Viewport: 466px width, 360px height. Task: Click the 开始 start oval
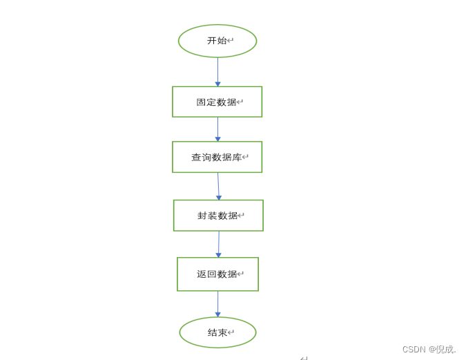click(x=217, y=41)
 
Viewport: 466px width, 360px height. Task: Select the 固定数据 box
click(x=217, y=102)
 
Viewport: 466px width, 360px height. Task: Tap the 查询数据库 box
click(x=217, y=157)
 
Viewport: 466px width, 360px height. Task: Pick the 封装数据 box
click(x=218, y=216)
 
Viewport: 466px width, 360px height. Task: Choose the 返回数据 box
click(x=217, y=274)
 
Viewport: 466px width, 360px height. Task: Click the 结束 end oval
click(x=217, y=332)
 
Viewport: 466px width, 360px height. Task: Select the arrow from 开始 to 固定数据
click(x=217, y=70)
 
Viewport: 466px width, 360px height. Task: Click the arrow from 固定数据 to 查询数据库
click(x=217, y=128)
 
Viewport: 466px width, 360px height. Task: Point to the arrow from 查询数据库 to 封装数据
click(x=218, y=184)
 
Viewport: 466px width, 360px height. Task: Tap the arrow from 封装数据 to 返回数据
click(x=219, y=243)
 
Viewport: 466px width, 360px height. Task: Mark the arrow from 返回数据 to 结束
click(x=217, y=303)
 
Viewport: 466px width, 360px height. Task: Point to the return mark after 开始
click(x=231, y=41)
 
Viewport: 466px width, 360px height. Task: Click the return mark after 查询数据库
click(x=246, y=158)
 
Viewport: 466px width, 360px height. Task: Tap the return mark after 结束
click(x=231, y=332)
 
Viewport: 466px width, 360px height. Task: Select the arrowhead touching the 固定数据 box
click(x=217, y=84)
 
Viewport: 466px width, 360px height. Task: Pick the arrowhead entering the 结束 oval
click(x=217, y=314)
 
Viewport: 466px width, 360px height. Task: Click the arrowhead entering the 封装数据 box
click(x=219, y=198)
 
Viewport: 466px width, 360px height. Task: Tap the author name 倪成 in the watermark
click(x=443, y=349)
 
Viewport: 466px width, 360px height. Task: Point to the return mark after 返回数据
click(x=241, y=274)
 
